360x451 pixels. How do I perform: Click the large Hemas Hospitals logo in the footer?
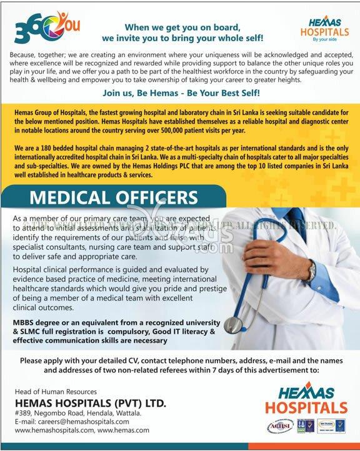click(306, 402)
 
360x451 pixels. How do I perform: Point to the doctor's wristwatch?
click(311, 270)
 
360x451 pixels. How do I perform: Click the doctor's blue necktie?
click(294, 219)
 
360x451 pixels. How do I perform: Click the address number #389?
click(22, 413)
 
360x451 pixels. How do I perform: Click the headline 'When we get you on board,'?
click(179, 27)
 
